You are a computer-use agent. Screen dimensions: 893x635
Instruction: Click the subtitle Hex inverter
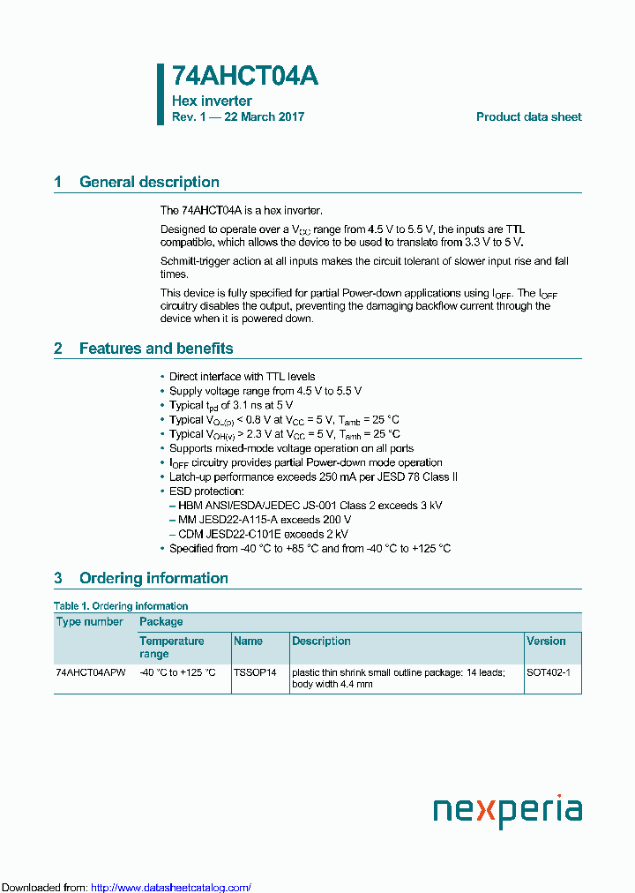click(x=212, y=101)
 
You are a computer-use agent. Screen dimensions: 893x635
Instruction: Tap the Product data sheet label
click(x=528, y=117)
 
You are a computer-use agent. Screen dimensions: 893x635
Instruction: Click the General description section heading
click(x=149, y=182)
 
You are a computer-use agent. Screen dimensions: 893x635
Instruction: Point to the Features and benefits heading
click(x=156, y=349)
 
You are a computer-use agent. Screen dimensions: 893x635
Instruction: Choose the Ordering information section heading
click(x=153, y=578)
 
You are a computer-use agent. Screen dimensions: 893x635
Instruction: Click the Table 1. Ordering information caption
click(x=121, y=606)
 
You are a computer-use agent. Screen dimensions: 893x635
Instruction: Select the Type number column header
click(x=90, y=621)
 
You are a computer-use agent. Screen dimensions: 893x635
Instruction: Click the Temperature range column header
click(x=172, y=647)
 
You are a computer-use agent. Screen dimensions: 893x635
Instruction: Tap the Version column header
click(x=546, y=641)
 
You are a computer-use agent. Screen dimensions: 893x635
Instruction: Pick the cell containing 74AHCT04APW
click(x=91, y=672)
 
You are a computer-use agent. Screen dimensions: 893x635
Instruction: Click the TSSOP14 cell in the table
click(x=255, y=672)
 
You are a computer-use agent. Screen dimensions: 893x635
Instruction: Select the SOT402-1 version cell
click(x=549, y=672)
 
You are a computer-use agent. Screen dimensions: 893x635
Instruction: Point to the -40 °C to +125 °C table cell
click(x=177, y=672)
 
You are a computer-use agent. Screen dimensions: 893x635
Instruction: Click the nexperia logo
click(x=507, y=810)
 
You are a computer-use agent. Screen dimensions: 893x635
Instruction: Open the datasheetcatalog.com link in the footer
click(x=171, y=888)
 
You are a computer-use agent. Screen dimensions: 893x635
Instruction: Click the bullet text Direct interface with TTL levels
click(x=242, y=377)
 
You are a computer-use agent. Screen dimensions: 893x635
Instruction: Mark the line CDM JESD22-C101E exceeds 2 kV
click(x=263, y=534)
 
